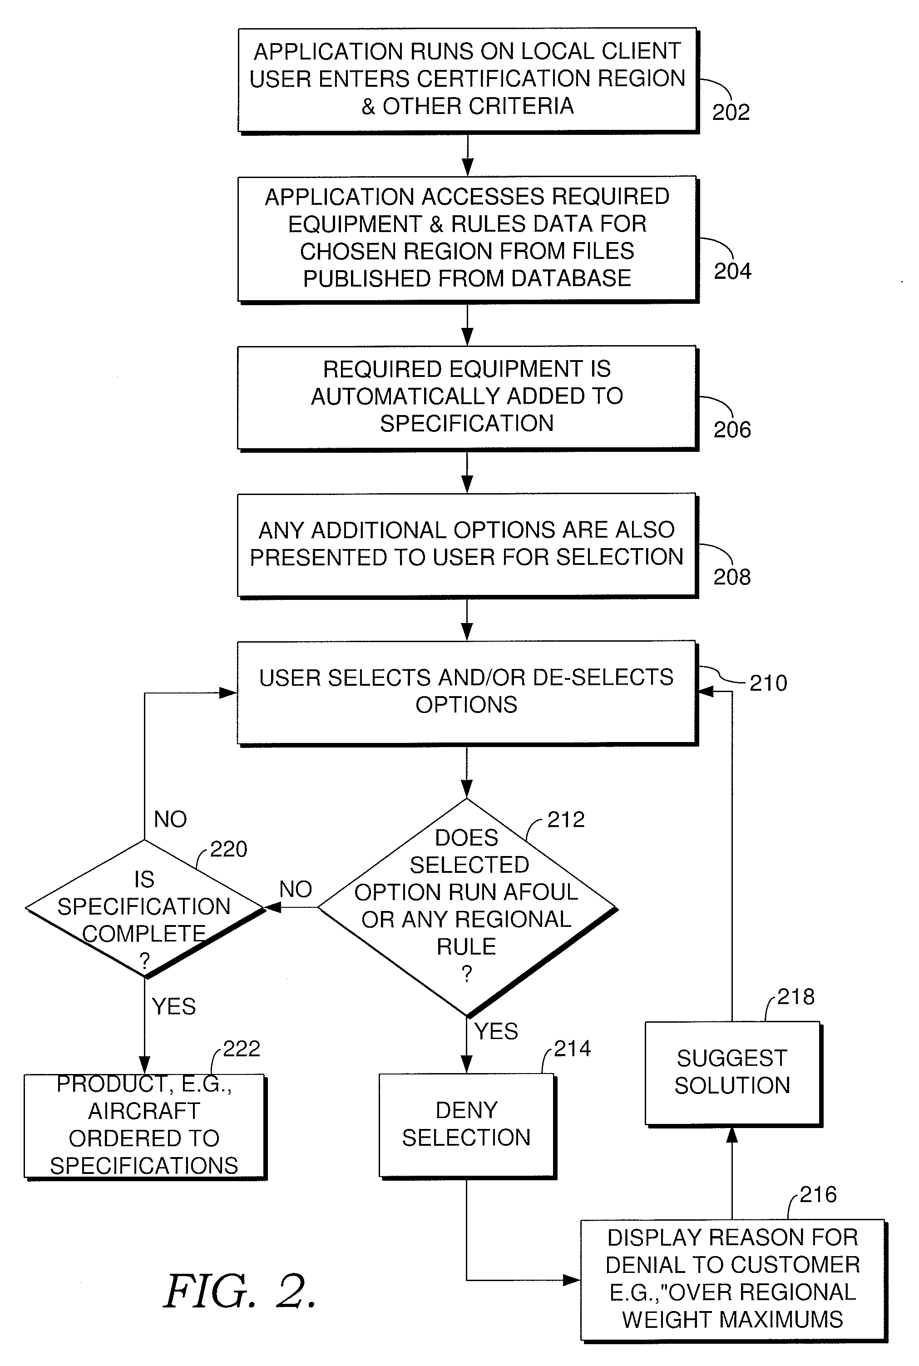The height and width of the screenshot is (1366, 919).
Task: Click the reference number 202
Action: [731, 112]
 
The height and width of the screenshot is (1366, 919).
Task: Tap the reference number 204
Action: [732, 271]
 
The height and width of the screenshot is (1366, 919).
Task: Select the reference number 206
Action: [732, 430]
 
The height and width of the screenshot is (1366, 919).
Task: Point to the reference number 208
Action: [732, 577]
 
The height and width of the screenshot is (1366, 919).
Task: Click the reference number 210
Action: [768, 683]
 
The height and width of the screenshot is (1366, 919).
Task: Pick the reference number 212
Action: [566, 819]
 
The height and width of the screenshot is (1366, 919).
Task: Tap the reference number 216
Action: [818, 1194]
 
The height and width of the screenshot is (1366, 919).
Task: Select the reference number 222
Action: [242, 1049]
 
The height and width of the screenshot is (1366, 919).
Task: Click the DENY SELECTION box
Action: [466, 1124]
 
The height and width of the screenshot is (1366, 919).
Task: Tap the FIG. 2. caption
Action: [240, 1292]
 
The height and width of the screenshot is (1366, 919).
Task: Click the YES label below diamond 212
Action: [496, 1031]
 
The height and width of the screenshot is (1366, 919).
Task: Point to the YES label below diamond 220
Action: [173, 1006]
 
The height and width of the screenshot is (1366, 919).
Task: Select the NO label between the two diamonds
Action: [296, 889]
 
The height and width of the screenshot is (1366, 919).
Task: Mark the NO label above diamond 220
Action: [170, 819]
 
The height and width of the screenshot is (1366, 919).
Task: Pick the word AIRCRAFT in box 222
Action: [144, 1110]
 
